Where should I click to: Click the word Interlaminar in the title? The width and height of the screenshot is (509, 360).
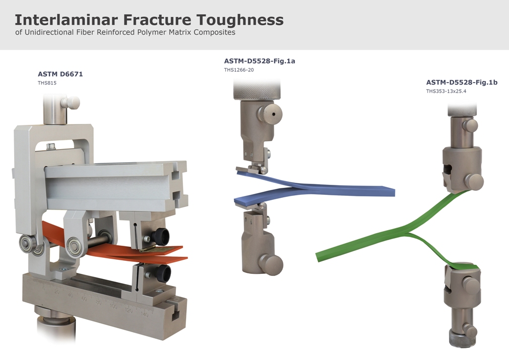[66, 20]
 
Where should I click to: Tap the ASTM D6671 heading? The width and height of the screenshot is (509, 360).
[60, 74]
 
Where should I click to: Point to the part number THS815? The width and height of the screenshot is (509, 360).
[47, 83]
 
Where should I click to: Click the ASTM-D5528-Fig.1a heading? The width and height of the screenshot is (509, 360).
[260, 61]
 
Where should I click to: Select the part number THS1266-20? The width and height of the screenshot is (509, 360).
[239, 69]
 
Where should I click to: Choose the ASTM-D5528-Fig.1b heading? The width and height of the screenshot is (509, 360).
[462, 83]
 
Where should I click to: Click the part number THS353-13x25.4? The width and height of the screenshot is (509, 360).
[446, 91]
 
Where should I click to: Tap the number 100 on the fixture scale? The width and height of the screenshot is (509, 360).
[113, 307]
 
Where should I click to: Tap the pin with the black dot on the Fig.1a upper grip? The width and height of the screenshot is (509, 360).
[271, 113]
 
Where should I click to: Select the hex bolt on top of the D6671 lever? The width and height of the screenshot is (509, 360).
[50, 147]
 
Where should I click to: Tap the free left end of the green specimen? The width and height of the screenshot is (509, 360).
[319, 257]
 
